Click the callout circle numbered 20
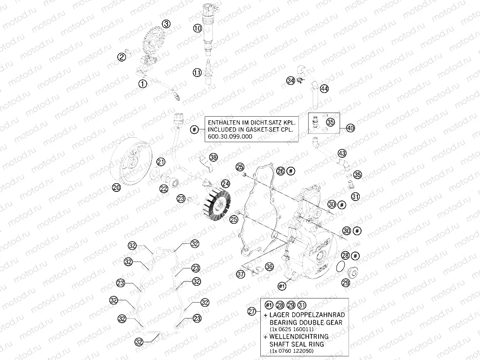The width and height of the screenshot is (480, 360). (117, 187)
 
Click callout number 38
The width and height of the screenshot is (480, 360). (213, 157)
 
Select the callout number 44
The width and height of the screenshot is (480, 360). (324, 88)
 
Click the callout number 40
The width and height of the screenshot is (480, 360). (350, 128)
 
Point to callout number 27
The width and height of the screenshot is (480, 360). (252, 312)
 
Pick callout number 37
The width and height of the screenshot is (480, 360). (241, 274)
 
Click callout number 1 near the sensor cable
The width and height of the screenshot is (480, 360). (143, 83)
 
